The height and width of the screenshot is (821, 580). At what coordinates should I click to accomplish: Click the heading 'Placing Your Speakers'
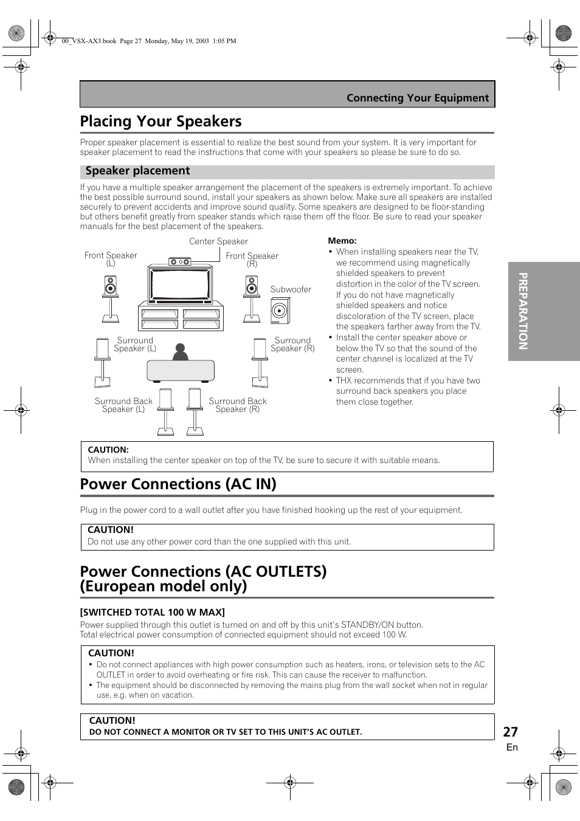tap(161, 122)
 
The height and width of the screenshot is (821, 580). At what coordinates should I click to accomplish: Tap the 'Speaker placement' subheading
tap(137, 171)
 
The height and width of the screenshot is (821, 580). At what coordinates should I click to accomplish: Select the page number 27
tap(510, 732)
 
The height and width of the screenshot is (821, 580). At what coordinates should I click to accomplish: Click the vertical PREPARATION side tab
tap(523, 311)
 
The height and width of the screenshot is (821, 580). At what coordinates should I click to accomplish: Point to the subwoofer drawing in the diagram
tap(280, 311)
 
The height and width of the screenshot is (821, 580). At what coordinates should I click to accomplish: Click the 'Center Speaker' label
tap(218, 241)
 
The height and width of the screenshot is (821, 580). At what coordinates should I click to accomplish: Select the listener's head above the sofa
tap(180, 351)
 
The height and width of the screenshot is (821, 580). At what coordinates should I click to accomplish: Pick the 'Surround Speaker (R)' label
tap(292, 345)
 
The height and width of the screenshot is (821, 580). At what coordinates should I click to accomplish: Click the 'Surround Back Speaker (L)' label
tap(123, 405)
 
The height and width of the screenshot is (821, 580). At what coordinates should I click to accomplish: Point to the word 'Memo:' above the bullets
tap(342, 241)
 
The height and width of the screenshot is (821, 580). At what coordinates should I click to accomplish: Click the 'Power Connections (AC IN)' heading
tap(178, 484)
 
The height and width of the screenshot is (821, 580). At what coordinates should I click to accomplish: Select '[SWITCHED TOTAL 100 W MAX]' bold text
tap(153, 612)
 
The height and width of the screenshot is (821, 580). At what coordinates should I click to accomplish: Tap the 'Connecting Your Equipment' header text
tap(418, 98)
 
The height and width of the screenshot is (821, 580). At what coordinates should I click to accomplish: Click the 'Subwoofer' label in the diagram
tap(291, 289)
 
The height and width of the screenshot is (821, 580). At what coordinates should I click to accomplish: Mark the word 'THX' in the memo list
tap(344, 380)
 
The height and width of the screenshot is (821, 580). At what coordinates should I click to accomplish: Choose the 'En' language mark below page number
tap(512, 747)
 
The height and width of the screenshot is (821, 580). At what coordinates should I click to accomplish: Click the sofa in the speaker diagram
tap(181, 371)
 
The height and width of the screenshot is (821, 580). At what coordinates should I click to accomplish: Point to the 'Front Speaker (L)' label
tap(111, 259)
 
